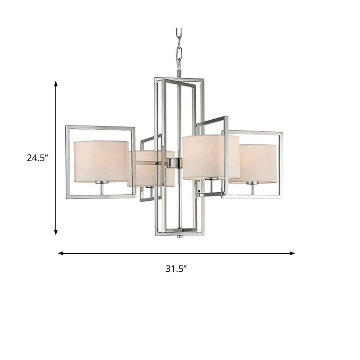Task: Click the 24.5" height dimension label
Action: coord(37,157)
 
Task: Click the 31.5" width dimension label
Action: coord(176,269)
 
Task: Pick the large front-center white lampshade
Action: coord(210,157)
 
